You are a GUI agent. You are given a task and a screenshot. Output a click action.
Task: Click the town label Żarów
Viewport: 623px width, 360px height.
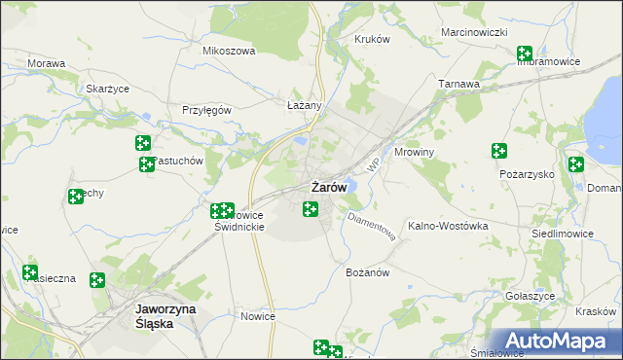click(328, 186)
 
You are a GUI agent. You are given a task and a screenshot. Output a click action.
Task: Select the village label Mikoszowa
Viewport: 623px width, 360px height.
click(228, 51)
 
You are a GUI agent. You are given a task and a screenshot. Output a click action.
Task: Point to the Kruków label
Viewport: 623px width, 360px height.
click(372, 39)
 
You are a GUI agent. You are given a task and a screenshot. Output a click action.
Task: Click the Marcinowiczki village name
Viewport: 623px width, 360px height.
click(475, 32)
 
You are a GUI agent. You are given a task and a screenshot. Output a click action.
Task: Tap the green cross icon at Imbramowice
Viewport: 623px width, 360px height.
click(525, 54)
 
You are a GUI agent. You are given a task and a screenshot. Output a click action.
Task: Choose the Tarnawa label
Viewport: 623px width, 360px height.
click(458, 84)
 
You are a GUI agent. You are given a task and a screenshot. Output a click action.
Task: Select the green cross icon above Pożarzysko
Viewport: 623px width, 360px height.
click(499, 151)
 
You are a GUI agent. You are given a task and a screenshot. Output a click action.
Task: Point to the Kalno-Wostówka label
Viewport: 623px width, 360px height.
click(447, 226)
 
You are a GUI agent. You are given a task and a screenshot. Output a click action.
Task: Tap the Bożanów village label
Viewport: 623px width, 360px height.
click(368, 272)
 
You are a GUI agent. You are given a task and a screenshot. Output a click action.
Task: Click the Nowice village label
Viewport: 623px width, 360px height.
click(258, 316)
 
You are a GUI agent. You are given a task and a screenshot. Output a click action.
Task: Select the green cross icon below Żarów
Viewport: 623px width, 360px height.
click(311, 208)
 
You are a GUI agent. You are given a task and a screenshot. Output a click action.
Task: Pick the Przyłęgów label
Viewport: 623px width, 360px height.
click(206, 110)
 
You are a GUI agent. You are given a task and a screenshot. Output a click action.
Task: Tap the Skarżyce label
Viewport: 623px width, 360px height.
click(108, 88)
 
